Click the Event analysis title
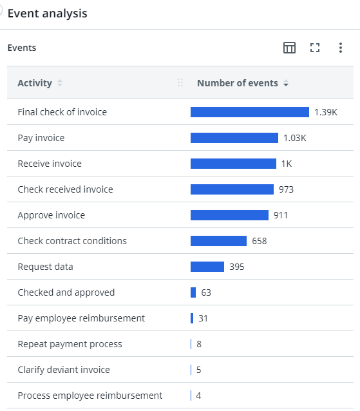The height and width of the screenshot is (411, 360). click(47, 14)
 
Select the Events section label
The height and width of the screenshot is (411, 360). click(22, 48)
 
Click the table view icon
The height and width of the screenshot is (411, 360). click(290, 48)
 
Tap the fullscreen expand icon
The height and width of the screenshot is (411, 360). click(315, 48)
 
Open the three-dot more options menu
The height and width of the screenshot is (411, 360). click(341, 48)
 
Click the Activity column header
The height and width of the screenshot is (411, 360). click(35, 83)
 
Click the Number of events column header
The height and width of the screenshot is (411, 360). click(237, 83)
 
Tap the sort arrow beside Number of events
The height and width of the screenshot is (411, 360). click(286, 84)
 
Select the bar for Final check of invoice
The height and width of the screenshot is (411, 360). click(249, 112)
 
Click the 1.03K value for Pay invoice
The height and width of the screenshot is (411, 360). click(294, 138)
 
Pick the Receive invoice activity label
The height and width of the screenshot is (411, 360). click(50, 164)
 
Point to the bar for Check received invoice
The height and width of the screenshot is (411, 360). click(232, 189)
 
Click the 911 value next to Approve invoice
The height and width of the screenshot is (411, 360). click(281, 215)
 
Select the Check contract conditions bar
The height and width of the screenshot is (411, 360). click(218, 241)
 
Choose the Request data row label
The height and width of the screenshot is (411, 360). click(45, 267)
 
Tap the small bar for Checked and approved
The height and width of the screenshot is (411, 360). click(193, 292)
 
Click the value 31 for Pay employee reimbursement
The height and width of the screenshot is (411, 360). click(204, 318)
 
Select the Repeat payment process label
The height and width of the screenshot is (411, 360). click(70, 344)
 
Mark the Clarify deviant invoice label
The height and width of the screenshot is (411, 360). click(64, 370)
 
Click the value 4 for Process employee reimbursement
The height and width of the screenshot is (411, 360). click(199, 396)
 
